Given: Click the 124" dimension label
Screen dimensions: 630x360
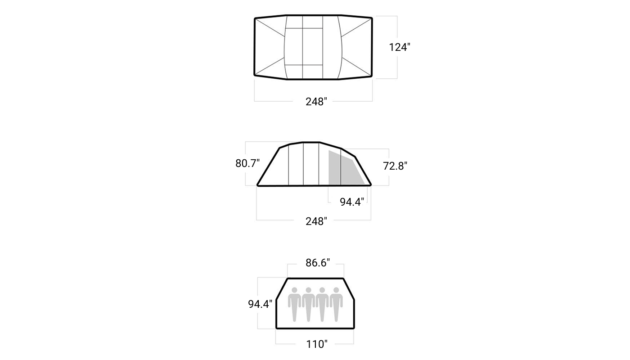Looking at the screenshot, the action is (400, 47).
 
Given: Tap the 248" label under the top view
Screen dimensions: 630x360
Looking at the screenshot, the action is (316, 102).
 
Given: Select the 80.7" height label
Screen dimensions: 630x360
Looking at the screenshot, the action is (247, 163).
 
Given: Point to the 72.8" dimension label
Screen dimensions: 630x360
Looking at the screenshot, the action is (395, 166).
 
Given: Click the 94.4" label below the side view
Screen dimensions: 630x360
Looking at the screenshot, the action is (352, 202).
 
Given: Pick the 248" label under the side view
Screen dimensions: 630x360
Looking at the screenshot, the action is (316, 221).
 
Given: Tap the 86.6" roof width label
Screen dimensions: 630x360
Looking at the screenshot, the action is (318, 263).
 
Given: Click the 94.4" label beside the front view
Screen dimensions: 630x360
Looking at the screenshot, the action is (260, 304).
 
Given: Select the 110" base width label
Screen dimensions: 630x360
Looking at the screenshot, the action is (317, 344).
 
